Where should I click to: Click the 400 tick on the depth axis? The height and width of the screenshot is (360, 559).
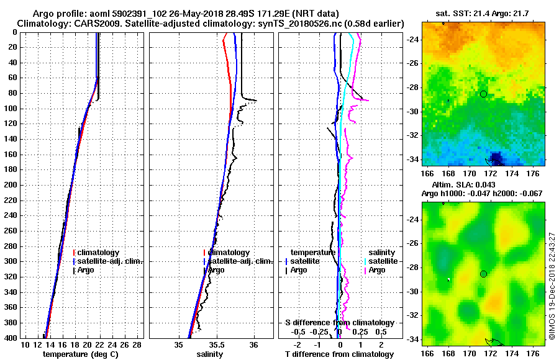click(13, 338)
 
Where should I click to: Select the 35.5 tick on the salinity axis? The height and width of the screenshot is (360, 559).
click(216, 344)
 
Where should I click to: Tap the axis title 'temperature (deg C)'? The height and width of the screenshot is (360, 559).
click(81, 354)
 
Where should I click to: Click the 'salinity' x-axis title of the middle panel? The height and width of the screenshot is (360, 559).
click(211, 354)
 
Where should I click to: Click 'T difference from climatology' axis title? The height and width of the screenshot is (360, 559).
click(340, 354)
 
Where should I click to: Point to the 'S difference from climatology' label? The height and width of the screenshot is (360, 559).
click(340, 323)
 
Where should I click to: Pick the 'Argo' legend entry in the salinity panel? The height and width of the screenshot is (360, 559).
click(216, 270)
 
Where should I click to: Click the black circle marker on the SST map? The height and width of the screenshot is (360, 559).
click(483, 94)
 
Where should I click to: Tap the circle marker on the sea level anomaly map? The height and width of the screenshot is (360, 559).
click(483, 274)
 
